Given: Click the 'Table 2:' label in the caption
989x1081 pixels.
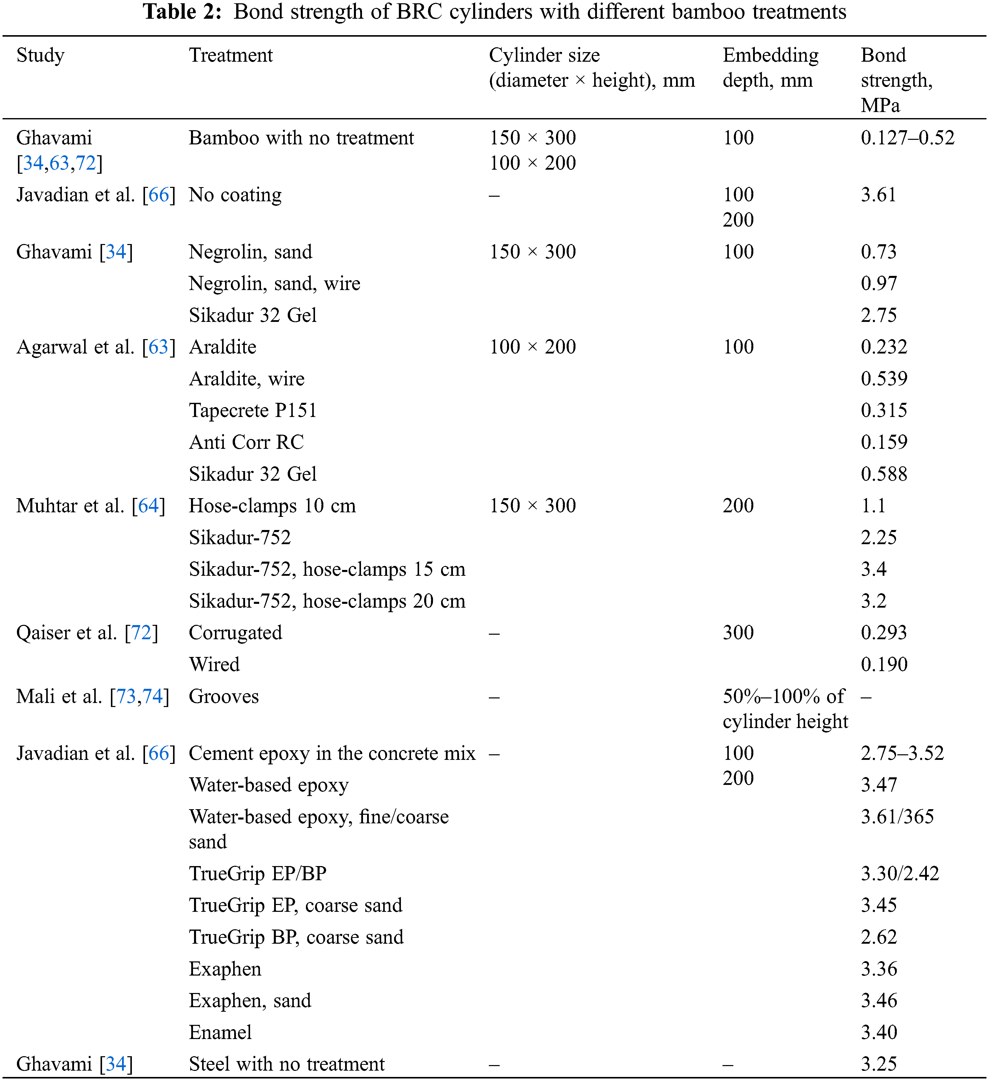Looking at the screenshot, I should [x=182, y=12].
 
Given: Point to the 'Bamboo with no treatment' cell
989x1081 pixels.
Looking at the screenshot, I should [x=301, y=138].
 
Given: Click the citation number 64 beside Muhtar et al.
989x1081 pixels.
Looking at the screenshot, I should [x=148, y=506].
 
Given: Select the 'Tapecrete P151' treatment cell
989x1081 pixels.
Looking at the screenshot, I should [x=253, y=410].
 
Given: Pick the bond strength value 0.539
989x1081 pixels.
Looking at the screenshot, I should [x=884, y=379].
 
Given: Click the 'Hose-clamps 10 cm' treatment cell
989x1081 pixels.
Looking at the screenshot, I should [x=272, y=506].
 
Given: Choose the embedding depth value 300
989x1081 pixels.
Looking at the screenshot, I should [x=738, y=633].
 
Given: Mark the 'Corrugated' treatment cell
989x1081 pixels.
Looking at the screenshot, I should [x=235, y=633].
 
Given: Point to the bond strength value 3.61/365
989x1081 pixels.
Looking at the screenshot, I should [x=897, y=817].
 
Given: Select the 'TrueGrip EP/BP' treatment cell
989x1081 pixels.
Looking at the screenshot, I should [x=258, y=873].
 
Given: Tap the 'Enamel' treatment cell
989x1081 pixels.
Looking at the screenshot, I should [x=220, y=1032].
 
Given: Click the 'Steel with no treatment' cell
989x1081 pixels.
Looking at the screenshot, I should [x=287, y=1064].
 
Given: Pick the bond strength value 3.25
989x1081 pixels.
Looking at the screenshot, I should [x=879, y=1064].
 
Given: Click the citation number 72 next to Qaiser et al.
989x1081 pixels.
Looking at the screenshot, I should [x=141, y=633].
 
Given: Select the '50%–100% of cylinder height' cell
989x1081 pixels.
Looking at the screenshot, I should [x=785, y=709].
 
